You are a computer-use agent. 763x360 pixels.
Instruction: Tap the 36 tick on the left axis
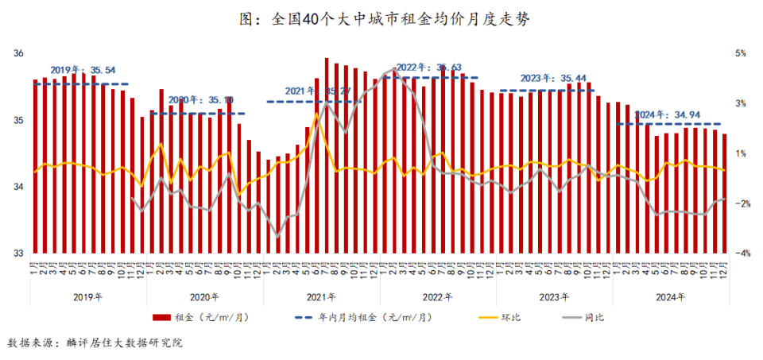tap(18, 54)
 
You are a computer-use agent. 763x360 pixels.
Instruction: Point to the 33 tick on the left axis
tap(18, 254)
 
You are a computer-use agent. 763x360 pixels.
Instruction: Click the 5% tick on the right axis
tap(741, 54)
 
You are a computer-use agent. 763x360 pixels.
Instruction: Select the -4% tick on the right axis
tap(741, 254)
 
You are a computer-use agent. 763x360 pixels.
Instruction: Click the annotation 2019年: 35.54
tap(82, 70)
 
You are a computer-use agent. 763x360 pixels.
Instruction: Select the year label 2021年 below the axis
tap(321, 297)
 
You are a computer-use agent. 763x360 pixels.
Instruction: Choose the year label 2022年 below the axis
tap(438, 297)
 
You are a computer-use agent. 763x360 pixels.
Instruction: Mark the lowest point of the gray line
tap(278, 237)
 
